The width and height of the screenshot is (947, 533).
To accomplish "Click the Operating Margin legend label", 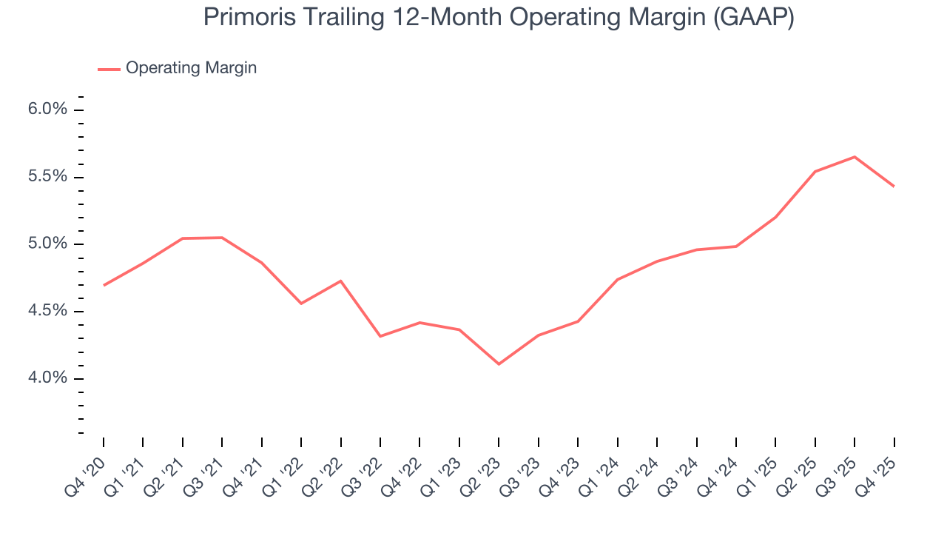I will pyautogui.click(x=191, y=68).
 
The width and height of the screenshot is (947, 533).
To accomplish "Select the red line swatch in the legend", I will pyautogui.click(x=109, y=69).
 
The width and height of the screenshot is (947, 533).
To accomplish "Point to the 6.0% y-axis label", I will pyautogui.click(x=47, y=110).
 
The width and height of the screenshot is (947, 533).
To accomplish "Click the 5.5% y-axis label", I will pyautogui.click(x=47, y=177).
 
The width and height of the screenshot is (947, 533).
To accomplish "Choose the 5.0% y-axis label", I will pyautogui.click(x=47, y=244).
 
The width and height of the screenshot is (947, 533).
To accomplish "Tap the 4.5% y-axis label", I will pyautogui.click(x=47, y=311).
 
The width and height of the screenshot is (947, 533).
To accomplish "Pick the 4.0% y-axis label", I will pyautogui.click(x=47, y=378).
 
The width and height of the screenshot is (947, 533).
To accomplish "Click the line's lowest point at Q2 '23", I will pyautogui.click(x=499, y=364).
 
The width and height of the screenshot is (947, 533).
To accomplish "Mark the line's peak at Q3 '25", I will pyautogui.click(x=855, y=157).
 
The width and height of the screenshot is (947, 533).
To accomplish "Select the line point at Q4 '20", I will pyautogui.click(x=104, y=285).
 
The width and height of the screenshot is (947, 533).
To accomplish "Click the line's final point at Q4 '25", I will pyautogui.click(x=894, y=186).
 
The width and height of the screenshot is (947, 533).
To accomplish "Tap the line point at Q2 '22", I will pyautogui.click(x=341, y=281).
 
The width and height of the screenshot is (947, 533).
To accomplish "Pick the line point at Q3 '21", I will pyautogui.click(x=222, y=238).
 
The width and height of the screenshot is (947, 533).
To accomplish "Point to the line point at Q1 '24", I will pyautogui.click(x=617, y=279).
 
